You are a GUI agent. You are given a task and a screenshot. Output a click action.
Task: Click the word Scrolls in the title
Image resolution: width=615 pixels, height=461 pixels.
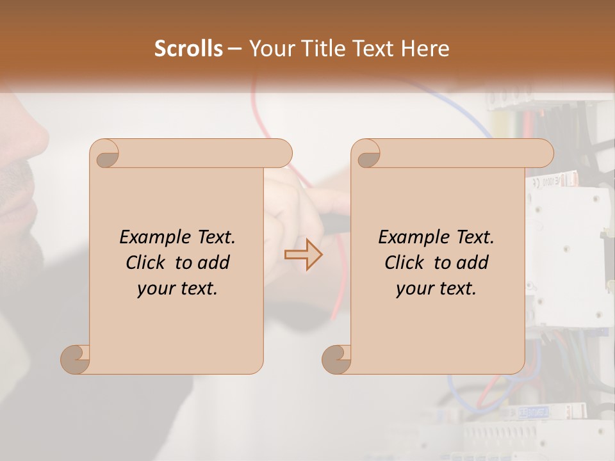[189, 49]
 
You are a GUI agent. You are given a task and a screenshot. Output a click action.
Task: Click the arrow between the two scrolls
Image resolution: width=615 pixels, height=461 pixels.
[303, 255]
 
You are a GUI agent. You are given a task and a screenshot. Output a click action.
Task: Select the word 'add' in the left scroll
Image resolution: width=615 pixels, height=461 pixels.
[215, 263]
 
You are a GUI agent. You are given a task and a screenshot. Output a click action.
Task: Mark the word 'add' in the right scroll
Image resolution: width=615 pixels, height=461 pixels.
[473, 263]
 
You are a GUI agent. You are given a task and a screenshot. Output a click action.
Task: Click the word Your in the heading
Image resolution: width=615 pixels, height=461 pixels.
[270, 49]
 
